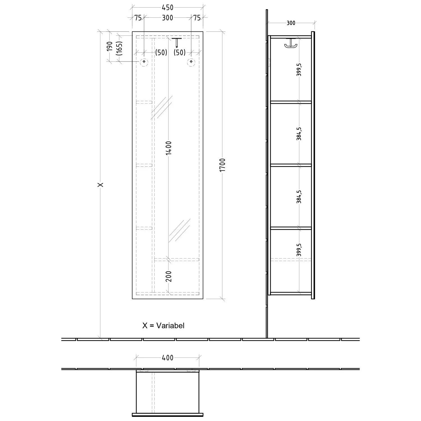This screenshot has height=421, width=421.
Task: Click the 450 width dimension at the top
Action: pos(168,8)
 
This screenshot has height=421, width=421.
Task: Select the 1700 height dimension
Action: pos(222,165)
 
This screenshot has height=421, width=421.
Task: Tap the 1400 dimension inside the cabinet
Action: pos(168,148)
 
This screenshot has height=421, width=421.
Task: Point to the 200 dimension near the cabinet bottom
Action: pos(168,276)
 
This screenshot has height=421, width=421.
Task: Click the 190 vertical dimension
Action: pos(109,46)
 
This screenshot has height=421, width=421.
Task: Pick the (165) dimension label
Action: pos(119,48)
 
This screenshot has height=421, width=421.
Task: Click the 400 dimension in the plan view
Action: pos(168,358)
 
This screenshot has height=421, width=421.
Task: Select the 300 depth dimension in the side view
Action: pos(291,23)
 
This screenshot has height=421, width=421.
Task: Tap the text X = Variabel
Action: pos(163,326)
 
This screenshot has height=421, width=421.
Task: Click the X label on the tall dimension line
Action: pos(100,185)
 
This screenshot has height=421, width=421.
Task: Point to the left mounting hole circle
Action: pos(144,61)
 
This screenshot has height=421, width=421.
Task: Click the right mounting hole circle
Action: pos(191,61)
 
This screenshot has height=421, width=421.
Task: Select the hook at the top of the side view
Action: pos(290,43)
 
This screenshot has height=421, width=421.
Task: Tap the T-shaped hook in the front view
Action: pos(177,42)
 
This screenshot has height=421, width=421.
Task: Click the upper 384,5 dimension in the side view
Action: pos(299,134)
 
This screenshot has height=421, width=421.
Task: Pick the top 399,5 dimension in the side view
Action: pos(299,69)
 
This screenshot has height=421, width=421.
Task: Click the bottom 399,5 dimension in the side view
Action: pos(299,250)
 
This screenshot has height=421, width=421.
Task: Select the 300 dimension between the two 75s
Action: pos(168,18)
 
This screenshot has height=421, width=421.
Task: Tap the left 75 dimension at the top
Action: pos(138,18)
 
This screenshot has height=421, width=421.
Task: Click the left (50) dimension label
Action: pos(161,52)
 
